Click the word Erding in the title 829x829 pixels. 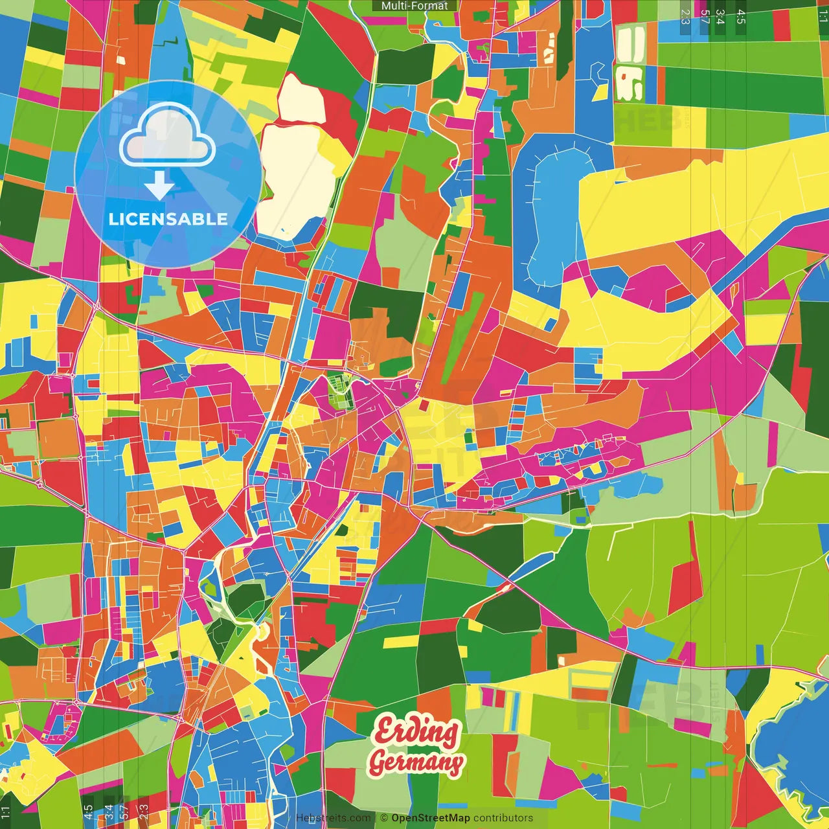416,732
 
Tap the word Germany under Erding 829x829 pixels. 416,762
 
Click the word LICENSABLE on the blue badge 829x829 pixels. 168,219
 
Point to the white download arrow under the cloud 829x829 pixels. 159,186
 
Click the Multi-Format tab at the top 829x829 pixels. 414,6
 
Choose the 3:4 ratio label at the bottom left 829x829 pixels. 109,812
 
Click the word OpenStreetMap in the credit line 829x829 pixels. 431,818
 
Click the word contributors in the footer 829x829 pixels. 503,818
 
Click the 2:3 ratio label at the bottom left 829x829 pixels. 144,812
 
